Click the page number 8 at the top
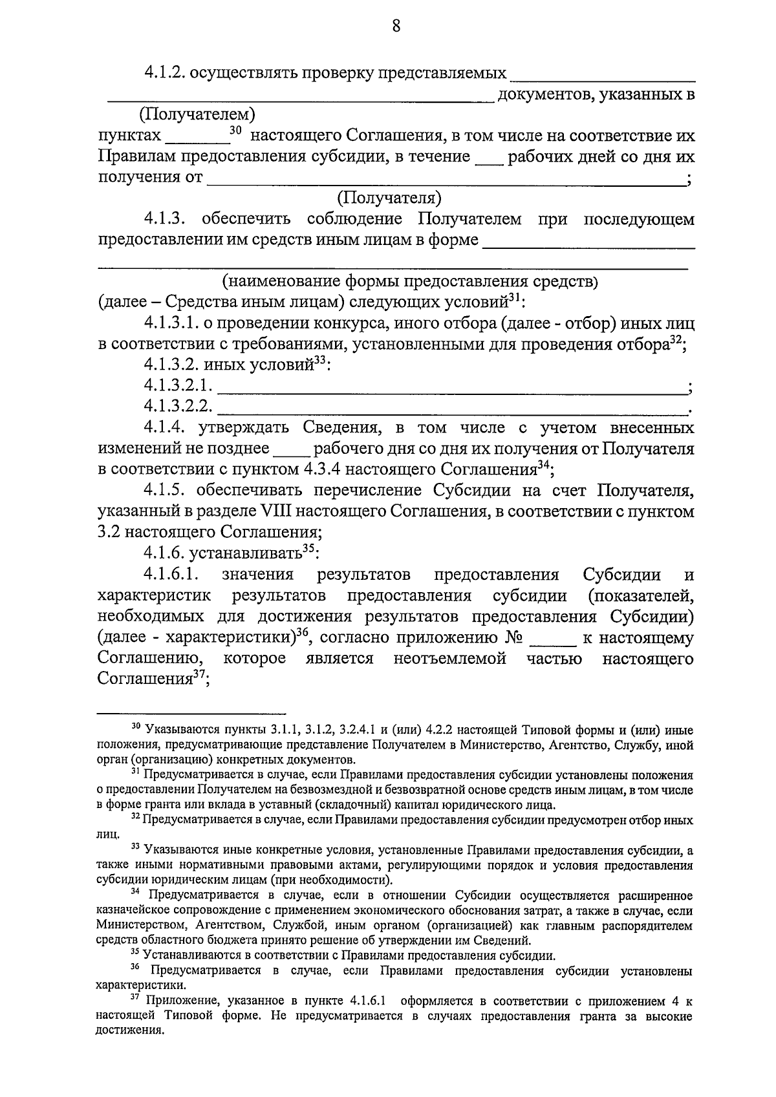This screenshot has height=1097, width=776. click(396, 27)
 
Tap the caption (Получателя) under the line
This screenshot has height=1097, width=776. click(389, 197)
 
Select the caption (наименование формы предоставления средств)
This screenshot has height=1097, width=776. click(411, 281)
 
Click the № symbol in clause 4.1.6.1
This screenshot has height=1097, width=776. click(514, 638)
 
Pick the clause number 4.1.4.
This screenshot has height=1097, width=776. click(168, 428)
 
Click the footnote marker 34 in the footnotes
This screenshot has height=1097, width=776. click(135, 893)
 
